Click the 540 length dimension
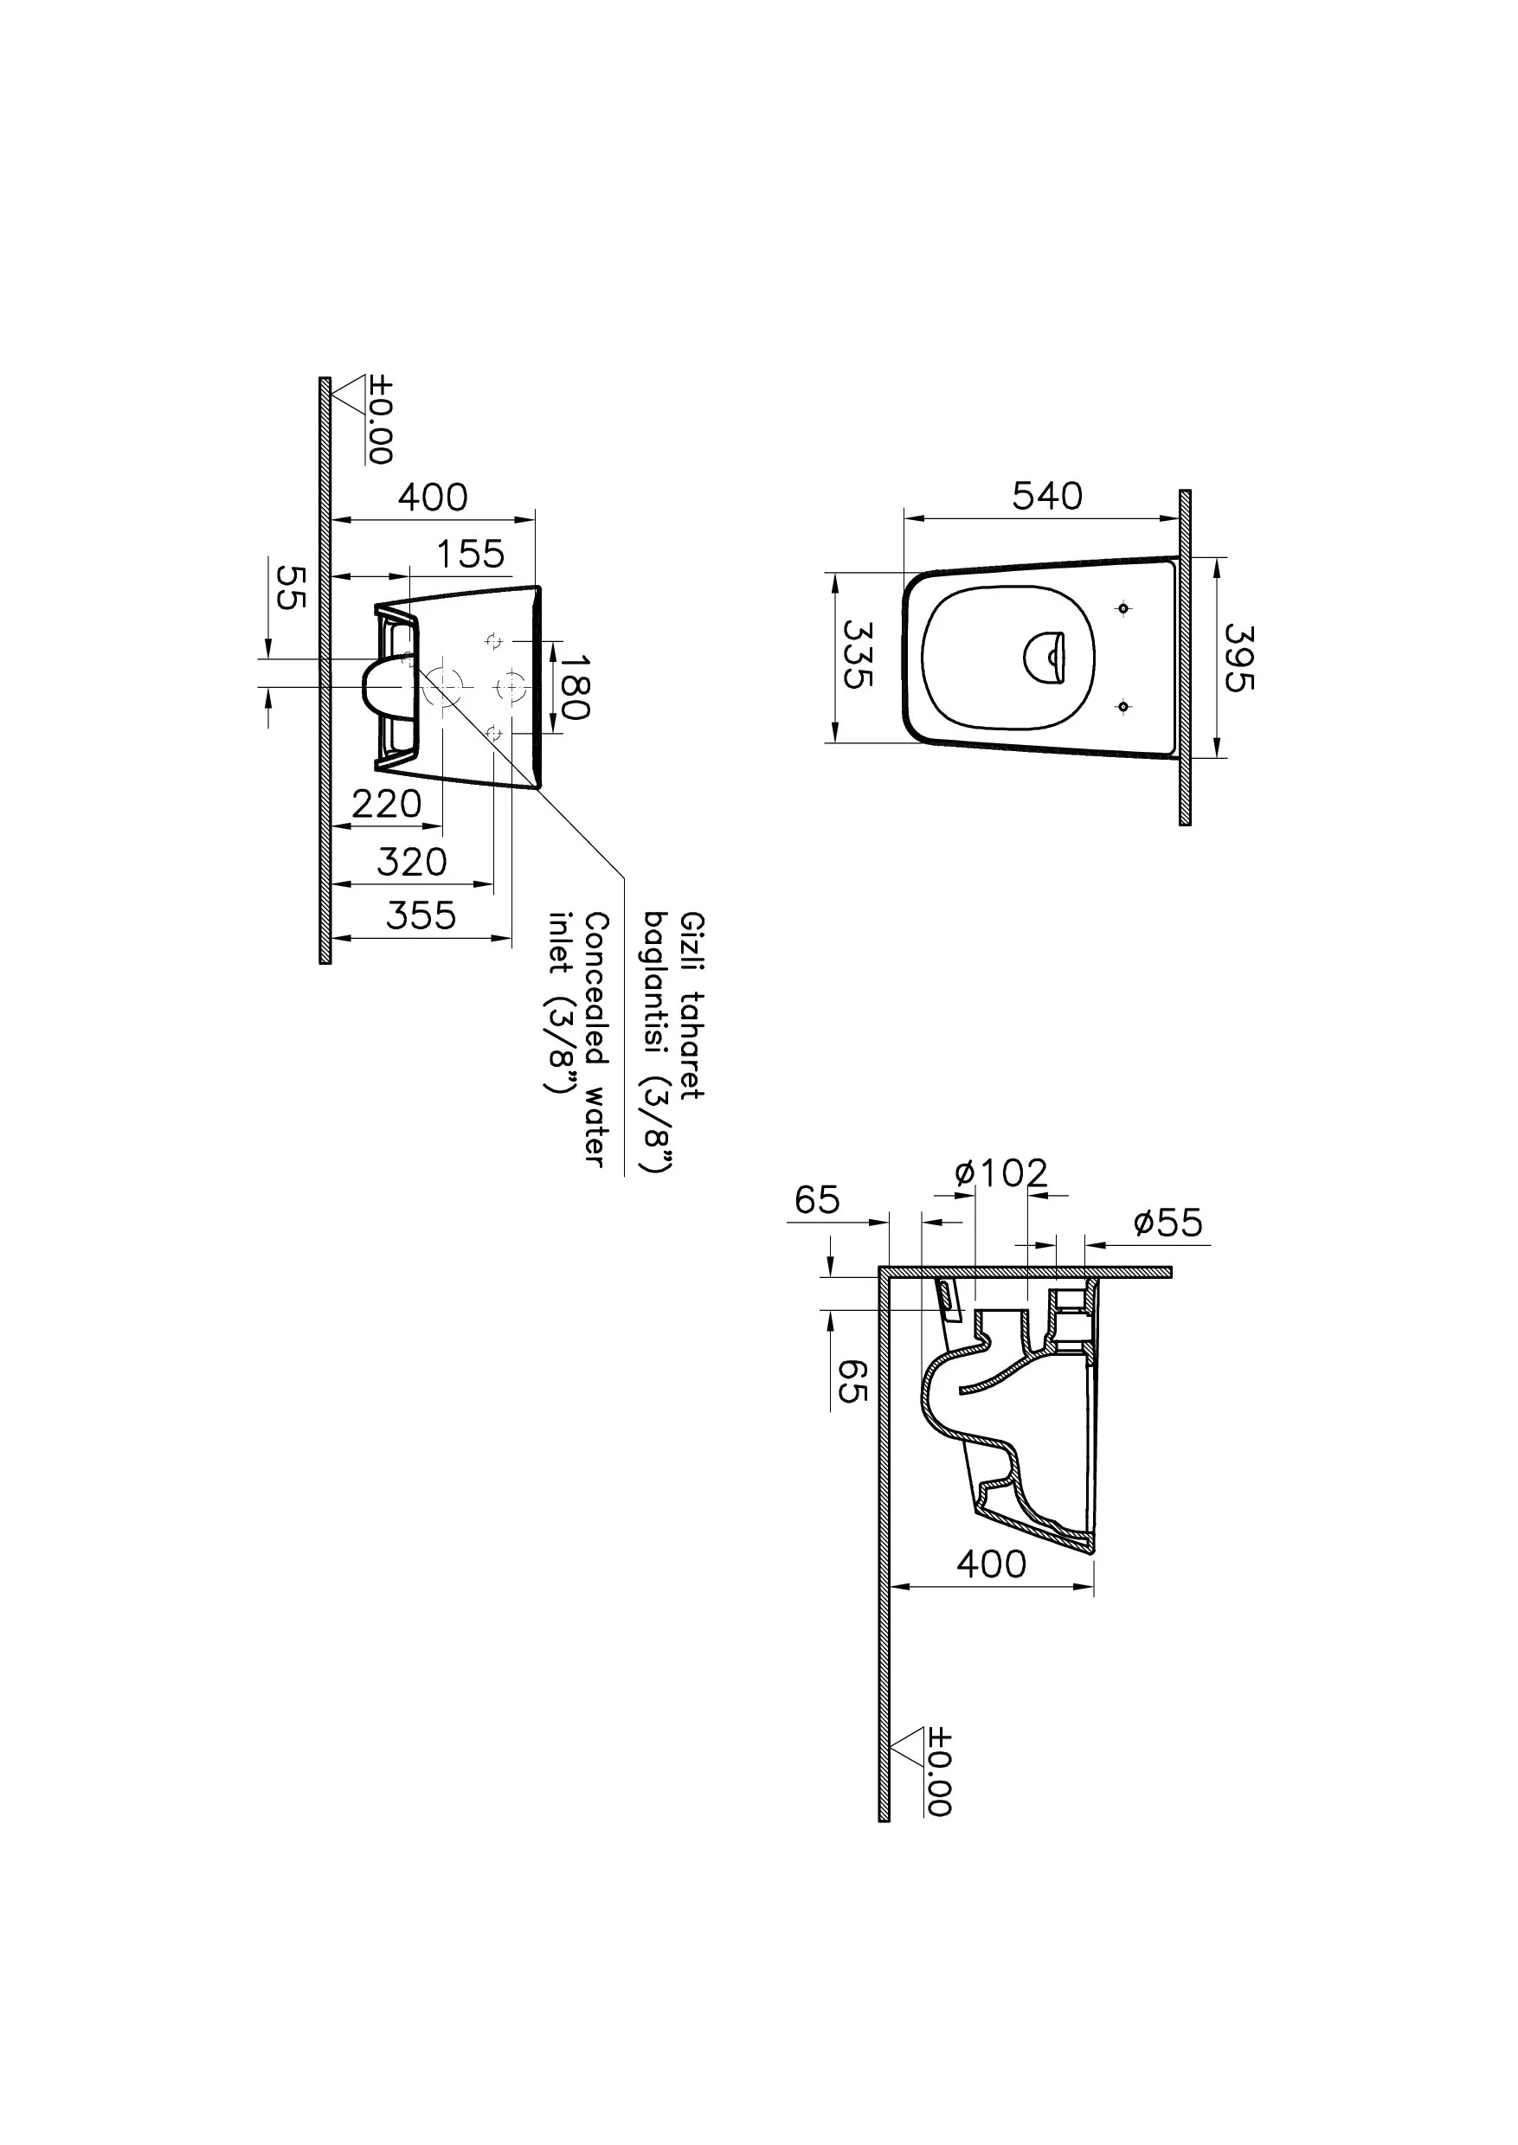pos(1047,497)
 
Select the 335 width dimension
pos(858,653)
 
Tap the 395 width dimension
pos(1238,658)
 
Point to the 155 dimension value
pos(470,555)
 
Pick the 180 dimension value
pos(575,687)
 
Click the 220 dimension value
pos(387,804)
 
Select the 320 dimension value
pos(412,862)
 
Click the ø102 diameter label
pos(1001,1173)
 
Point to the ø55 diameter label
pos(1167,1223)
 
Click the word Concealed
pos(595,989)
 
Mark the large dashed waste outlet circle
pos(442,688)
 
